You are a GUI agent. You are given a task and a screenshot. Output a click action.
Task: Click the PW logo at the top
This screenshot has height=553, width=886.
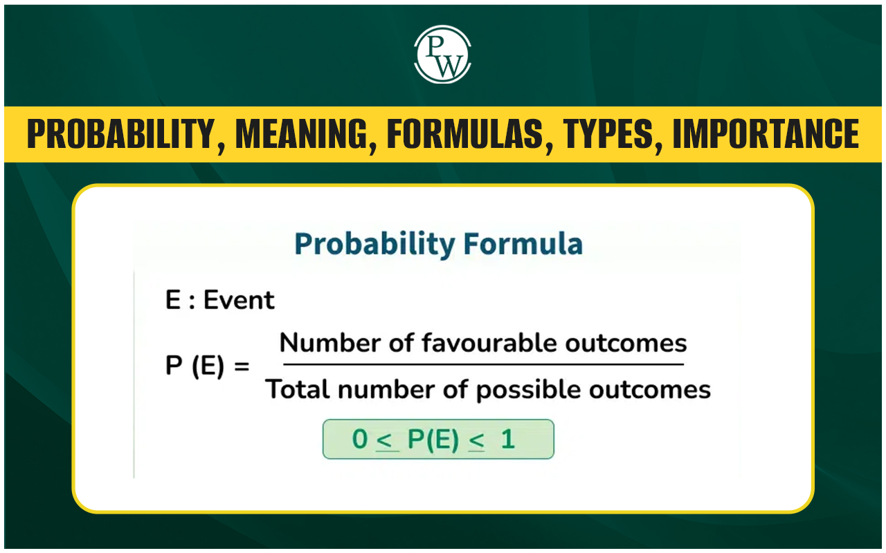click(442, 55)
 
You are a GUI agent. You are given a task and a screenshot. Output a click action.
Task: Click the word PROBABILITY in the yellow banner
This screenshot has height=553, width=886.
click(121, 135)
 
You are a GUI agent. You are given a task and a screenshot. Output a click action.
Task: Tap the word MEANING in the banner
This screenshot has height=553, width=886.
click(301, 135)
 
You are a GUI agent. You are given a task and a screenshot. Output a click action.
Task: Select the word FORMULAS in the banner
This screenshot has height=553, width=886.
click(465, 135)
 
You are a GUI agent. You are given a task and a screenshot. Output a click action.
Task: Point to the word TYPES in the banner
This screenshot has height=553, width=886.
click(608, 135)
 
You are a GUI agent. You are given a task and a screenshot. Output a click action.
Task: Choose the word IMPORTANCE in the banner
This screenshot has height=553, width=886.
click(766, 135)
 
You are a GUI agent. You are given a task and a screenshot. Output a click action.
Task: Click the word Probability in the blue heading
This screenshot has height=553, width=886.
click(374, 245)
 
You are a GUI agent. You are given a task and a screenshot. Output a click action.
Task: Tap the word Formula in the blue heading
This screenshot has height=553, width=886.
click(523, 244)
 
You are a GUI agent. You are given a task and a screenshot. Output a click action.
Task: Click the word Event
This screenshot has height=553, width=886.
click(239, 300)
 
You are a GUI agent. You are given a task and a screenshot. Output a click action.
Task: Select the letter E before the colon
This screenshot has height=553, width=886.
click(173, 300)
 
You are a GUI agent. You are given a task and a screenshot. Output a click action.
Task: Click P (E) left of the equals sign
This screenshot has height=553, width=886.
click(195, 366)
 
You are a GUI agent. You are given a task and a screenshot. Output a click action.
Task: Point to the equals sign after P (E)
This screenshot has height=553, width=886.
click(242, 366)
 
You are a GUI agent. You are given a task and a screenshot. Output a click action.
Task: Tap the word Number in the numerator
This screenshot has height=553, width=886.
click(330, 343)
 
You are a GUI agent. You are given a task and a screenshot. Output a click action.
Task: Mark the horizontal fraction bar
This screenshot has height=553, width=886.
click(483, 364)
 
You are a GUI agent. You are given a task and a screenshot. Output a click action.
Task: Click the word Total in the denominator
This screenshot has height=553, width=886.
click(298, 389)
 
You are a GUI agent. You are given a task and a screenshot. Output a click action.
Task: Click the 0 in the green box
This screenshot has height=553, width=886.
click(360, 439)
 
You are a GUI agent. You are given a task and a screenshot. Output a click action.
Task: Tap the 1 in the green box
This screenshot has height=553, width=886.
click(508, 439)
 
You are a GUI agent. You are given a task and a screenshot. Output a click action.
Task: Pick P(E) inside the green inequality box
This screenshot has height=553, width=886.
click(433, 440)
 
